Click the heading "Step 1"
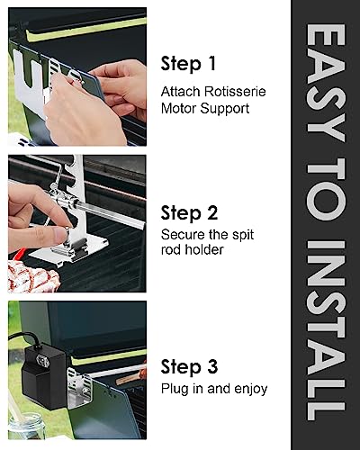click(188, 64)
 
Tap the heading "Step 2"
click(189, 213)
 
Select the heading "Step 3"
click(189, 366)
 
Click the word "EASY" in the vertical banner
click(326, 83)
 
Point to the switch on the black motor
click(42, 361)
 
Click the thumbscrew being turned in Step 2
click(68, 232)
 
